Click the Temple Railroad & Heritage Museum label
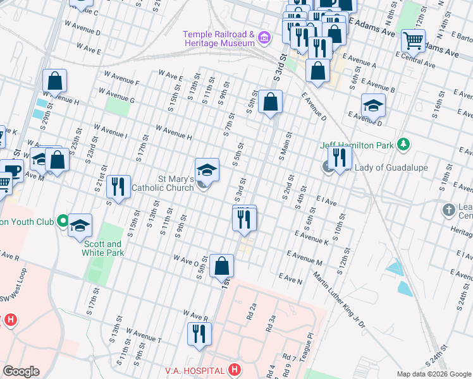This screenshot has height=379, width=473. click(219, 39)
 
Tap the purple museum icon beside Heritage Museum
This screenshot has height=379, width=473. click(264, 39)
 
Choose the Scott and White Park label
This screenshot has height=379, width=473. click(102, 248)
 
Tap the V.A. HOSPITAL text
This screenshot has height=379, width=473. click(194, 370)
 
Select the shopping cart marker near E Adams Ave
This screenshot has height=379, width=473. click(413, 40)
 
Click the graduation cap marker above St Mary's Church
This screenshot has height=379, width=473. click(207, 169)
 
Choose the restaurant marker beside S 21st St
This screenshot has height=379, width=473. click(118, 186)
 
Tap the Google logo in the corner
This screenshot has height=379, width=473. click(21, 371)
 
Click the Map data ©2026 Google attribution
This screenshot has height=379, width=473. click(434, 374)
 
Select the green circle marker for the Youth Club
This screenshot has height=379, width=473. click(62, 221)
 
